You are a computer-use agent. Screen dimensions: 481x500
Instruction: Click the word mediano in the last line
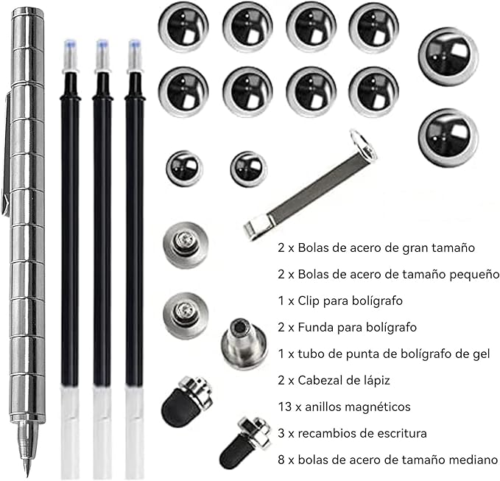point(471,459)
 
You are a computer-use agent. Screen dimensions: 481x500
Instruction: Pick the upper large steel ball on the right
point(450,57)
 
